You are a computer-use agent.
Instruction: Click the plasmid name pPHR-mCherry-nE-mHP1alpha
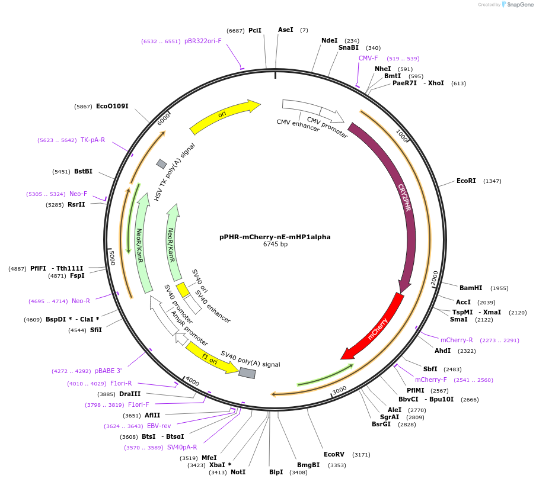(275, 237)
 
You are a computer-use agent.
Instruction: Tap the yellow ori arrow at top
(225, 116)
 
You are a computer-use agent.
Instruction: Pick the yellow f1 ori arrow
(210, 358)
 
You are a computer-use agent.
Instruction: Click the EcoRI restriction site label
(466, 181)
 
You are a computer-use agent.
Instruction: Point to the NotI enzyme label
(238, 472)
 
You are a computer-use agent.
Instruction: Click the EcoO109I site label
(112, 107)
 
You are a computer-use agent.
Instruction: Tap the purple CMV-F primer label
(368, 58)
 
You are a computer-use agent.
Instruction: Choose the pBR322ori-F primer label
(203, 41)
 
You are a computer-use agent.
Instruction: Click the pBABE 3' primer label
(108, 371)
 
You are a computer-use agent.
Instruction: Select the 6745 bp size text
(275, 245)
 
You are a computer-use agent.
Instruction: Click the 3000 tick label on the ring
(339, 390)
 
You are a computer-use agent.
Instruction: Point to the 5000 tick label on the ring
(111, 258)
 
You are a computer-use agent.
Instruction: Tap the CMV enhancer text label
(298, 126)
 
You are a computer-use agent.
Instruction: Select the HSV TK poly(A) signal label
(174, 171)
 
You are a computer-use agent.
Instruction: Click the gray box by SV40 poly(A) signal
(247, 373)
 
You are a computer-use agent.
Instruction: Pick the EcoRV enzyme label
(334, 455)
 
